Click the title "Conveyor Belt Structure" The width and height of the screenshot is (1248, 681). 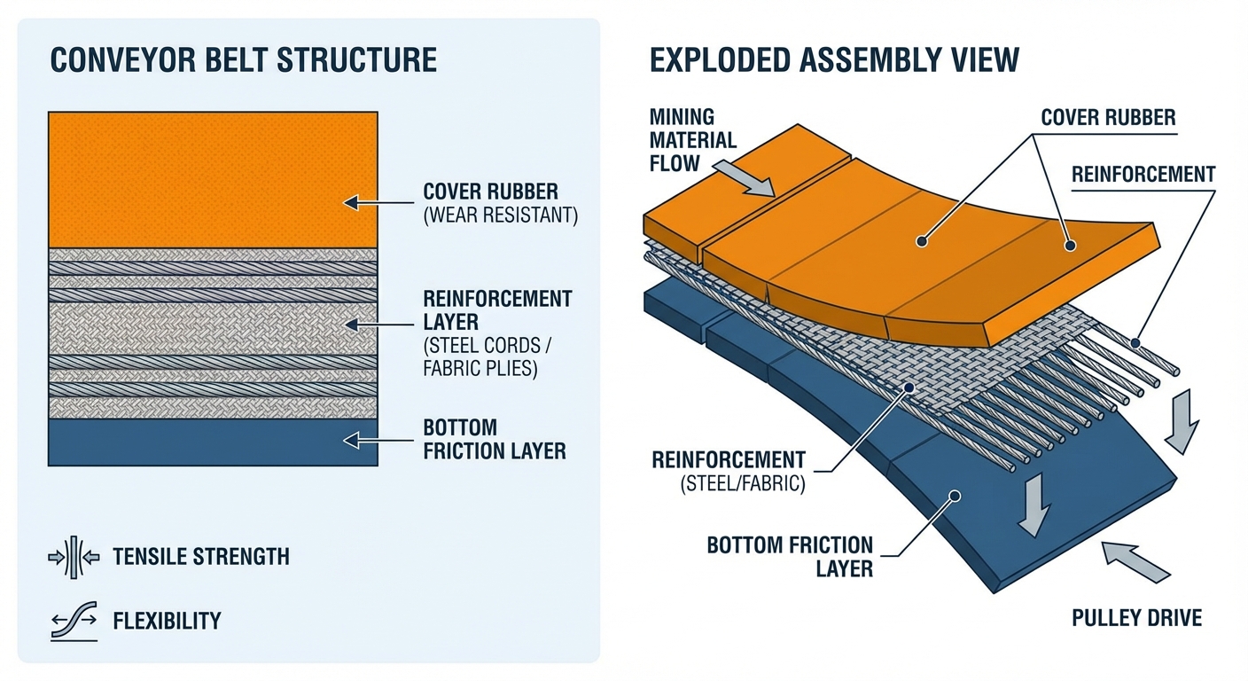tap(244, 59)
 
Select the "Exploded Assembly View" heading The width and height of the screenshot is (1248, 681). tap(834, 59)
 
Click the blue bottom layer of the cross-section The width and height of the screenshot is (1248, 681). tap(213, 442)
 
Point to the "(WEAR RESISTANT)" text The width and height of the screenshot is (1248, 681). tap(500, 215)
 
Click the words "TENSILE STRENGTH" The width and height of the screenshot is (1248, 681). tap(201, 557)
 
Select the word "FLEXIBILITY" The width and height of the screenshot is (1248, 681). tap(167, 621)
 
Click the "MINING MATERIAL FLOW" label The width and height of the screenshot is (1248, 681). tap(693, 139)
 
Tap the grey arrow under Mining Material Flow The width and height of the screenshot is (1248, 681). tap(755, 177)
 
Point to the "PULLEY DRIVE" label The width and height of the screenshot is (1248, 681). tap(1137, 617)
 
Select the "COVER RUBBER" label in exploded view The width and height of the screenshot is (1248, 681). tap(1108, 118)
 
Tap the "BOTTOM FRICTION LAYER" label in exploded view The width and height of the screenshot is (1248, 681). tap(790, 556)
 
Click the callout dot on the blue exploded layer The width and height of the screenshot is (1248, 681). tap(955, 497)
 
